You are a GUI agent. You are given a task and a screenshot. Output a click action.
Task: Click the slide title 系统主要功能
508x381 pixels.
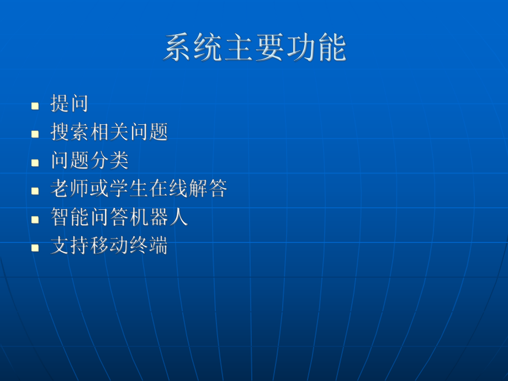(255, 49)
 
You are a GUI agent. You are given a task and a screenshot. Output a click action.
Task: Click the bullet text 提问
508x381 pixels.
(70, 104)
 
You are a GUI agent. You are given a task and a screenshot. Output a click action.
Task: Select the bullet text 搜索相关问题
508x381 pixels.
(109, 133)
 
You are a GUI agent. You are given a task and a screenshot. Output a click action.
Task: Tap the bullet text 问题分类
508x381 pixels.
(89, 161)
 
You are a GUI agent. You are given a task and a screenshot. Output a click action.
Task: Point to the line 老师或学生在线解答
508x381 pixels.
(139, 189)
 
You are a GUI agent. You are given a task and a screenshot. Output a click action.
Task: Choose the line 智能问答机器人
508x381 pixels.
(119, 218)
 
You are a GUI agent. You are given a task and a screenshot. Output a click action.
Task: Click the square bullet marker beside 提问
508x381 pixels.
(35, 105)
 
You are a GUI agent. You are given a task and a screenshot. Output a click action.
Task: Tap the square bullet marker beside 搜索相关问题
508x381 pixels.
(35, 134)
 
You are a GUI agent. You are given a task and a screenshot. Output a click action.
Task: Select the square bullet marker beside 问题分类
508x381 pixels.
(35, 162)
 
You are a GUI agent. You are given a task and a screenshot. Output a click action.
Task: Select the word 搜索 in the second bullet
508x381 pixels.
(70, 133)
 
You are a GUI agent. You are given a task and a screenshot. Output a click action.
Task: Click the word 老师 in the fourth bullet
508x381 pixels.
(70, 189)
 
